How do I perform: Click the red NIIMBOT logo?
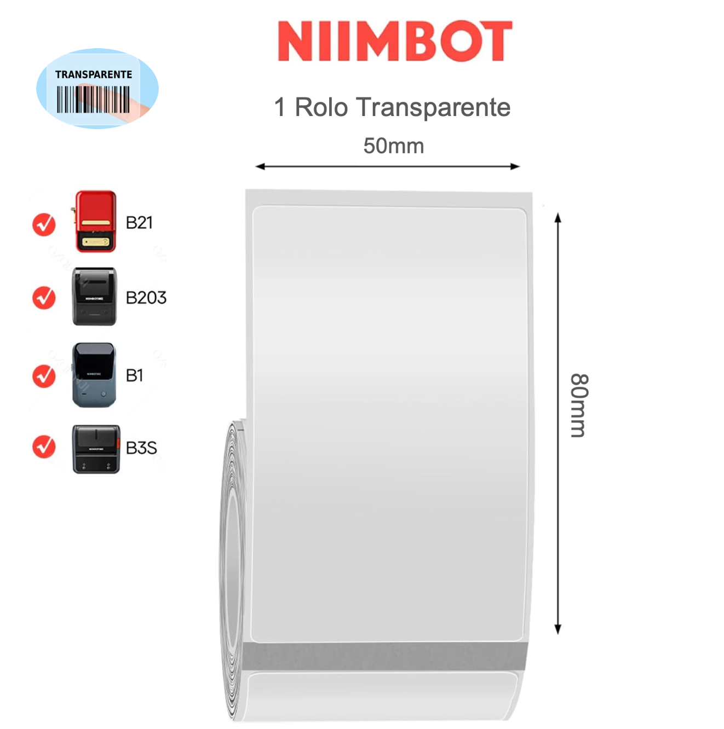[394, 41]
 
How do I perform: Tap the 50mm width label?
[393, 146]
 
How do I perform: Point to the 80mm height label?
[579, 405]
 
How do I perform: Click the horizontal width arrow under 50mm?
[387, 166]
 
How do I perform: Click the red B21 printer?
[95, 221]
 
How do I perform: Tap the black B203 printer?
[94, 297]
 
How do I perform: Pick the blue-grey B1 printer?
[94, 375]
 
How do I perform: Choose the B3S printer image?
[96, 449]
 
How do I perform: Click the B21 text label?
[139, 223]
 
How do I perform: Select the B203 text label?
[146, 298]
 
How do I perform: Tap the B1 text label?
[134, 375]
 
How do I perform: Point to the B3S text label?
[141, 448]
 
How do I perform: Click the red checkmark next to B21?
[44, 224]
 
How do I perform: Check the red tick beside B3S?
[44, 447]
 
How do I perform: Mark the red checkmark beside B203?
[44, 298]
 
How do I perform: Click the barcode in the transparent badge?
[93, 100]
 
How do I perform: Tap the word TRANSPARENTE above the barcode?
[94, 74]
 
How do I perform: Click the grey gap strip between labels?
[383, 656]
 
